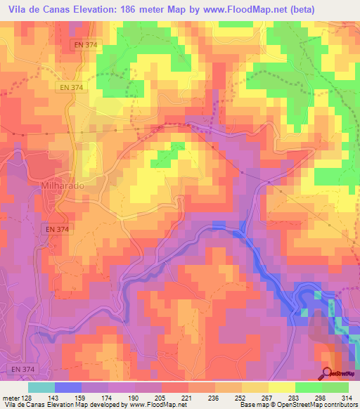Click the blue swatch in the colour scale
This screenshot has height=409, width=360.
coord(67,388)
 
